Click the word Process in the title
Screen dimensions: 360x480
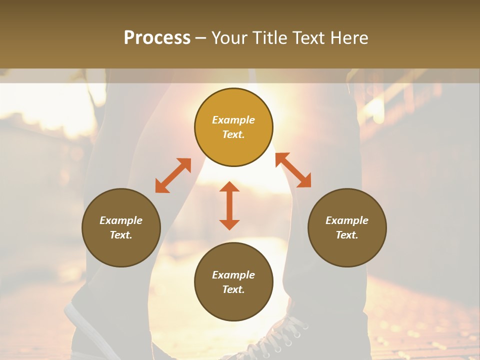coord(157,38)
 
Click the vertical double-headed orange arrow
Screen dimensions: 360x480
coord(229,205)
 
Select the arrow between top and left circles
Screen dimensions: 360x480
coord(173,175)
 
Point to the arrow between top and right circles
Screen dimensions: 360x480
coord(293,170)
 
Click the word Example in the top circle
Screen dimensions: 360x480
coord(233,120)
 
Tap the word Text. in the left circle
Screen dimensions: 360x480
coord(121,235)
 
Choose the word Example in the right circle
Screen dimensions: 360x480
coord(347,220)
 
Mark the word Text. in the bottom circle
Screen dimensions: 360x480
coord(233,289)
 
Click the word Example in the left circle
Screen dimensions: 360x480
coord(121,220)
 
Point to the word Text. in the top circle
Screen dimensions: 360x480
coord(233,134)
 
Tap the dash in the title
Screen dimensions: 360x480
coord(201,38)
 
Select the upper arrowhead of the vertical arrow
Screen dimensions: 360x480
coord(229,187)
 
